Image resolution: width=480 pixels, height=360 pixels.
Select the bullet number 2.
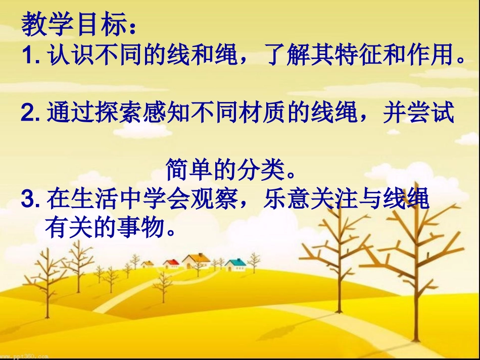coord(30,114)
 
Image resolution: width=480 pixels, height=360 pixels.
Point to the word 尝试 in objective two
coord(430,114)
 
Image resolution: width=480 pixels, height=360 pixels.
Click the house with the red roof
coord(172,264)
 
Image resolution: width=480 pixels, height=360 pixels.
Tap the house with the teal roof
coord(235,265)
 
